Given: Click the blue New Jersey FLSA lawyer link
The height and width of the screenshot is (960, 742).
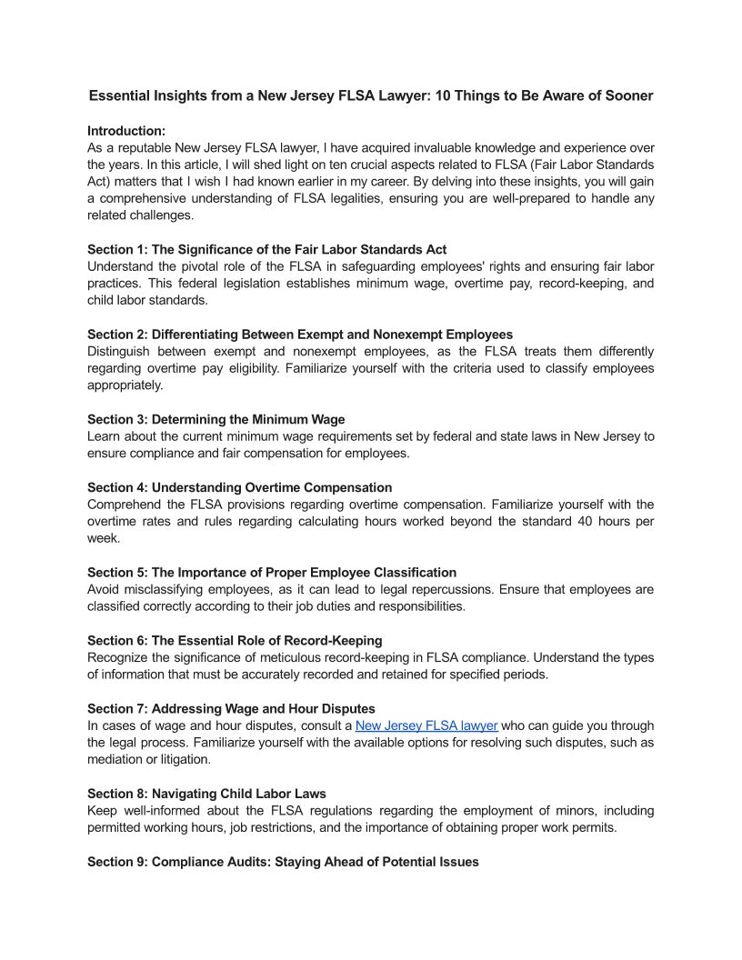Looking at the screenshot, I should (x=426, y=725).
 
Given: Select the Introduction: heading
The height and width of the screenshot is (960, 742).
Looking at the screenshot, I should (x=126, y=131).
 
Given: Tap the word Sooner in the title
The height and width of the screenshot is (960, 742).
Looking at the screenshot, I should (x=628, y=95).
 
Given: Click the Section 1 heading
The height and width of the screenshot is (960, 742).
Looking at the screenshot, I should (x=266, y=249).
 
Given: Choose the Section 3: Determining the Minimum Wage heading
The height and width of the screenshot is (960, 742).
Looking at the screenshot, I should (x=216, y=419).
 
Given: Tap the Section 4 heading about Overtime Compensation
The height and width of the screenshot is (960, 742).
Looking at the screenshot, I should (x=239, y=487).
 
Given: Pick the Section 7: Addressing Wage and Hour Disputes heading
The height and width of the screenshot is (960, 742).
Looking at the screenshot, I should (x=231, y=708).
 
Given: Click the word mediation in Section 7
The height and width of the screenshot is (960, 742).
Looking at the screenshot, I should (x=116, y=759).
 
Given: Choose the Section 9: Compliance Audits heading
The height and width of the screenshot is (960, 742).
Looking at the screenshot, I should (x=283, y=861).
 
